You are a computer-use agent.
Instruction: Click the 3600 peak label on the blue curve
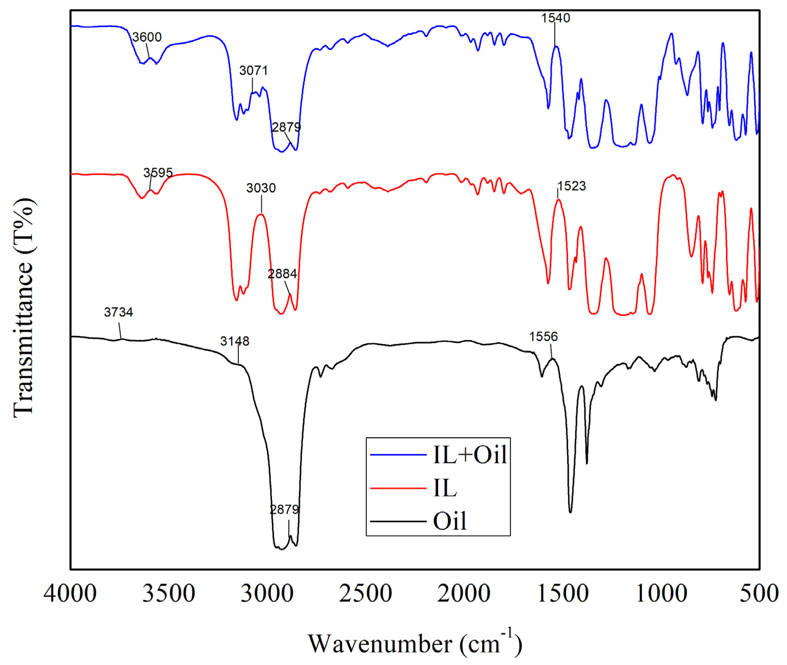click(x=147, y=37)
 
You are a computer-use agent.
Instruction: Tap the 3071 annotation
click(x=253, y=71)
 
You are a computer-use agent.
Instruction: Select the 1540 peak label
click(x=555, y=18)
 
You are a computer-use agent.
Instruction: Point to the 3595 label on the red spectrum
click(x=158, y=173)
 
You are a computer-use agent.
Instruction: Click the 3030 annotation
click(x=261, y=188)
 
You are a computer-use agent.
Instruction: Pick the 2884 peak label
click(x=282, y=274)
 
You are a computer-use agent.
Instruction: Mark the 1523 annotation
click(x=572, y=186)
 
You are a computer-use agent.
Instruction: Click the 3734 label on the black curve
click(x=118, y=312)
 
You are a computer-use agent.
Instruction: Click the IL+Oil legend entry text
click(x=470, y=454)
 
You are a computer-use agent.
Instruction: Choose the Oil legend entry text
click(x=450, y=521)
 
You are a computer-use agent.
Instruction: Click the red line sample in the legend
click(x=398, y=488)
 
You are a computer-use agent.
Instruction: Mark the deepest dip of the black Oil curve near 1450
click(x=570, y=512)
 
